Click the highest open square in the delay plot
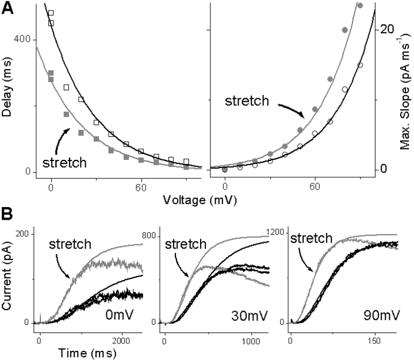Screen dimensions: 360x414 (51, 13)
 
